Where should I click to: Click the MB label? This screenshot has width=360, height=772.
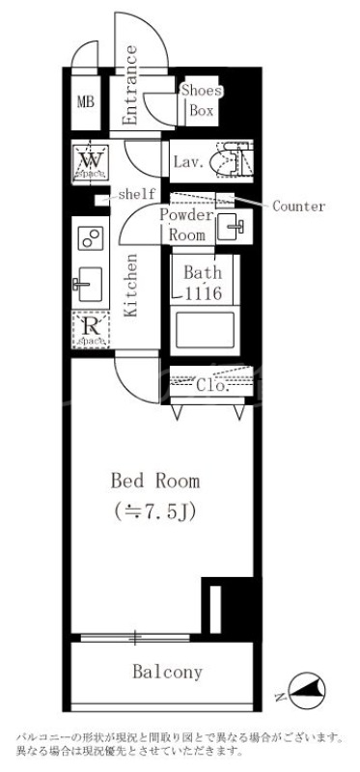coord(85,101)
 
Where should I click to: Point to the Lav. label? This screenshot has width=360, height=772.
coord(188,161)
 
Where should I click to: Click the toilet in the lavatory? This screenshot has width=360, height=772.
coord(232,159)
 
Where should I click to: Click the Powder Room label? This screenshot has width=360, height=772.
coord(185,225)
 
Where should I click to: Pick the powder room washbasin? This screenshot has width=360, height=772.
coord(233,229)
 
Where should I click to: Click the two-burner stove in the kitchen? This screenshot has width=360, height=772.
coord(90,238)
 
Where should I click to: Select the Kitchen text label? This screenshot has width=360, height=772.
coord(131,286)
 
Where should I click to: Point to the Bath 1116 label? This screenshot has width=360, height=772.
coord(203,282)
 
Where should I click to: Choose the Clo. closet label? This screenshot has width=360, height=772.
coord(210,385)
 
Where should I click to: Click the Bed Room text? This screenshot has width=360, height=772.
coord(155,480)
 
